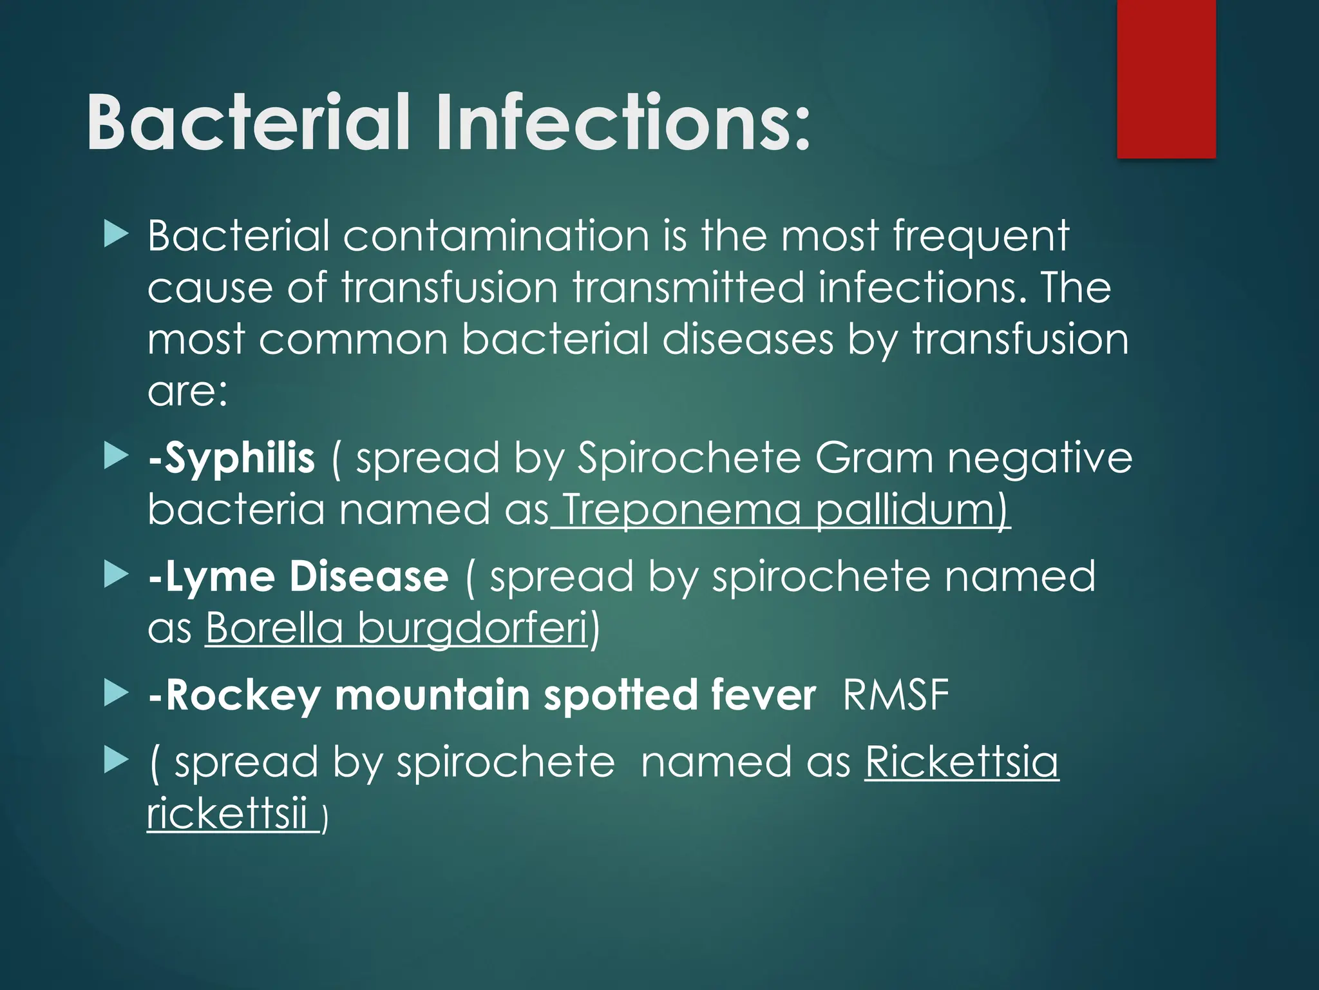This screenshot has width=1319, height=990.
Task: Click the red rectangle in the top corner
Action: click(x=1166, y=79)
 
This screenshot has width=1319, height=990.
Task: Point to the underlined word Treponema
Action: click(x=682, y=510)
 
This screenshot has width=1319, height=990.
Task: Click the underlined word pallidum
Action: click(x=912, y=510)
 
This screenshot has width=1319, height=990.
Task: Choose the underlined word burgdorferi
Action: click(x=473, y=628)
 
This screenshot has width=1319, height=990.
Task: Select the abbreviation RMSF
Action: click(x=896, y=695)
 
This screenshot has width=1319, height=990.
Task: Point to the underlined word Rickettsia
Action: click(x=962, y=762)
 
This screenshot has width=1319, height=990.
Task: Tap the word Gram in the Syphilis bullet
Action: click(x=874, y=458)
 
